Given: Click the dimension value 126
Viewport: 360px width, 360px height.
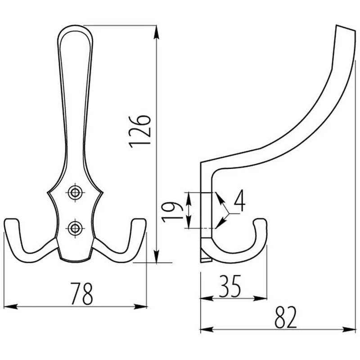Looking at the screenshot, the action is (x=140, y=131).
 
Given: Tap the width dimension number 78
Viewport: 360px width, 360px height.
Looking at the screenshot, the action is (x=82, y=294).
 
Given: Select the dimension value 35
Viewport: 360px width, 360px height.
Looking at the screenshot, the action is (x=230, y=286).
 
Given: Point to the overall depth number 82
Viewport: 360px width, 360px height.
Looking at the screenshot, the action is (x=286, y=317).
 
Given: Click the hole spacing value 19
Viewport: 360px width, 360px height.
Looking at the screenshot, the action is (x=172, y=212).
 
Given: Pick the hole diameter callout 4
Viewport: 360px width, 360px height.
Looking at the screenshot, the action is (x=239, y=200).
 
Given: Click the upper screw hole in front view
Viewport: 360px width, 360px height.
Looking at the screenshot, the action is (x=75, y=193).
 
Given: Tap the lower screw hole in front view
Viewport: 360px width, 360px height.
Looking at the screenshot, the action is (x=75, y=228).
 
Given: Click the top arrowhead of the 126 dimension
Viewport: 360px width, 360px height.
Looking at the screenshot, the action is (x=156, y=31).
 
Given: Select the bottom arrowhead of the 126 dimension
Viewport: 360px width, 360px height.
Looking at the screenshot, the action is (x=156, y=256).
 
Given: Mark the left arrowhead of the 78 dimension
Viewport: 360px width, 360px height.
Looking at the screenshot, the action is (x=10, y=306).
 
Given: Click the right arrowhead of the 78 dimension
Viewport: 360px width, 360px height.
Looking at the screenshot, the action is (x=140, y=306).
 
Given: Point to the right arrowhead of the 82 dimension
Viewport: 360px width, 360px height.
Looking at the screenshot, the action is (x=349, y=330).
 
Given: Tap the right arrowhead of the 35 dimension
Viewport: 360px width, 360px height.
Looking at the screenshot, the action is (x=260, y=299).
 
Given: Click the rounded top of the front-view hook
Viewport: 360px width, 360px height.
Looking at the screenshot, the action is (x=75, y=26).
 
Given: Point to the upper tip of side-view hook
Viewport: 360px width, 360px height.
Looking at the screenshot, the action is (x=346, y=28).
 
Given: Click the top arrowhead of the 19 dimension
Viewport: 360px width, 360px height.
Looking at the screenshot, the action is (x=188, y=198).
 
